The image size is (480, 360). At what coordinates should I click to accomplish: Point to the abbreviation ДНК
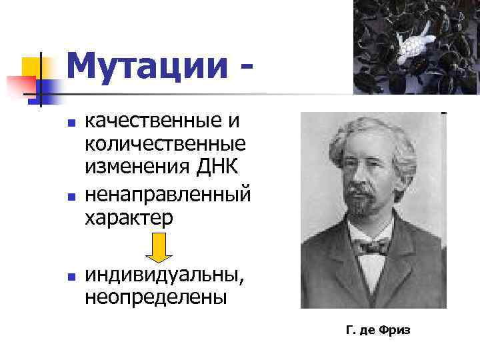pyautogui.click(x=217, y=166)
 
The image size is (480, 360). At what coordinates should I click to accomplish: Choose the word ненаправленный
pyautogui.click(x=167, y=195)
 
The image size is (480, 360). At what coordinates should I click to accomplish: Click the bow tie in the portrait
pyautogui.click(x=374, y=246)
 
